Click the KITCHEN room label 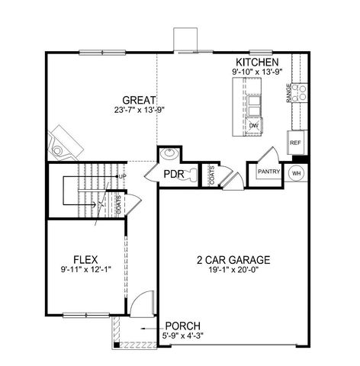coord(256,62)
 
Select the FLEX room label coord(85,258)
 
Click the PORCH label coord(182,326)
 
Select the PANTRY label coord(268,172)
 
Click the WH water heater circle coord(297,172)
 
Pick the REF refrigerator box coord(294,141)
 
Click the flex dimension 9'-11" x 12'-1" coord(85,268)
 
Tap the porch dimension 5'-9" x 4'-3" coord(182,335)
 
